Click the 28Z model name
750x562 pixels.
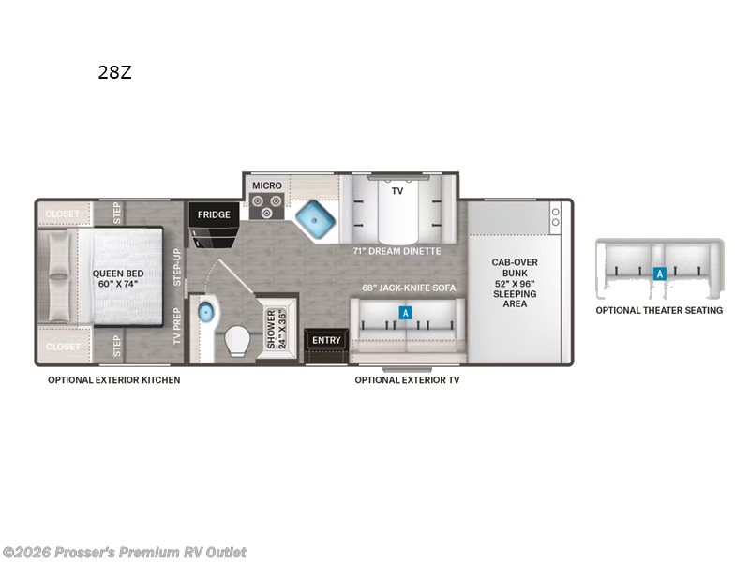114,72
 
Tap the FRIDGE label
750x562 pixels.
214,214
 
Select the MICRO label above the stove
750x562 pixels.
267,185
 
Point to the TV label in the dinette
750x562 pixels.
397,190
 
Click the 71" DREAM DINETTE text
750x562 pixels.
397,251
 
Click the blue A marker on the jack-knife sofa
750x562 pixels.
405,313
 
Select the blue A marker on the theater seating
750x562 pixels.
660,274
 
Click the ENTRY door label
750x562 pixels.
327,340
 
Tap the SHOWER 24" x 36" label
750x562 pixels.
277,330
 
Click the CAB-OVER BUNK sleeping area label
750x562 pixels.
515,282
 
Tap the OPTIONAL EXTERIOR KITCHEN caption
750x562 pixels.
114,380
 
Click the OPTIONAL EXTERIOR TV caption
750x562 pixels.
407,380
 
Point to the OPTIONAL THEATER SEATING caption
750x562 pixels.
660,310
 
